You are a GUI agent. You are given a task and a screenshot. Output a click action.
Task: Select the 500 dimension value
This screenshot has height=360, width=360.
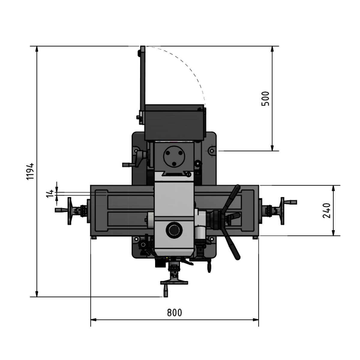[266, 98]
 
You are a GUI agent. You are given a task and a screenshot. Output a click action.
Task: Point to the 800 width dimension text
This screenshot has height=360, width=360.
[174, 313]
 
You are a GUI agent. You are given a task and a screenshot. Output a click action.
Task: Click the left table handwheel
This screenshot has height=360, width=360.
[70, 211]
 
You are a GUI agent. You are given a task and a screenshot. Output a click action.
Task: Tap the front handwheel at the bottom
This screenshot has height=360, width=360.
[174, 282]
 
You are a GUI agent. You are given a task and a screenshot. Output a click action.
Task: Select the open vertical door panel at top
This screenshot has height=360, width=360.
[143, 78]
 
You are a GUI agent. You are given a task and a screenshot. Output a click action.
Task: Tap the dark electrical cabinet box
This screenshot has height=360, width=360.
[174, 122]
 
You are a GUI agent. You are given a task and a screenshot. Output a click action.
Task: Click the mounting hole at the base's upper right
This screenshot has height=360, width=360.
[212, 151]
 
